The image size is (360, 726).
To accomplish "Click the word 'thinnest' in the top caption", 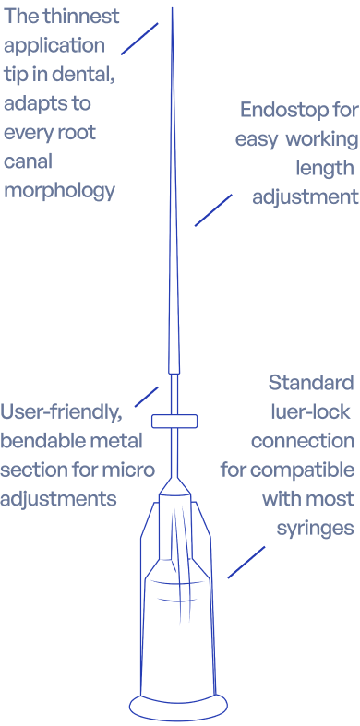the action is pos(81,17).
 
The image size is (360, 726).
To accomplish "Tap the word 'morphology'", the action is pos(59,191).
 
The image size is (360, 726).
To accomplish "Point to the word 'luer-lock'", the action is pos(310,412).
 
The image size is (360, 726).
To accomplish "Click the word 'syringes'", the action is pos(315,529).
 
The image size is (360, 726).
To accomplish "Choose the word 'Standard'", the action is pos(311,383).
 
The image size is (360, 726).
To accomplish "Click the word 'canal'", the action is pos(29,161).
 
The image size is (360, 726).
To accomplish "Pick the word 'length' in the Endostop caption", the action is pos(325,168).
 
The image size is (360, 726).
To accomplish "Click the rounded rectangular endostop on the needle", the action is pos(174,421).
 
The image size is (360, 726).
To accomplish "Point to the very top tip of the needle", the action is pos(173,8).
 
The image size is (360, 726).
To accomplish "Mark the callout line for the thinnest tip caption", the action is pos(139,39).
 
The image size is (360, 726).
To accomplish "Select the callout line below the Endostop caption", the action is pos(213,210).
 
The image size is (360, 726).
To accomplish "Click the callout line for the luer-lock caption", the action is pos(246,562).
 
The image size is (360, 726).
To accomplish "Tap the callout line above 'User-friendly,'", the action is pos(147,397).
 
